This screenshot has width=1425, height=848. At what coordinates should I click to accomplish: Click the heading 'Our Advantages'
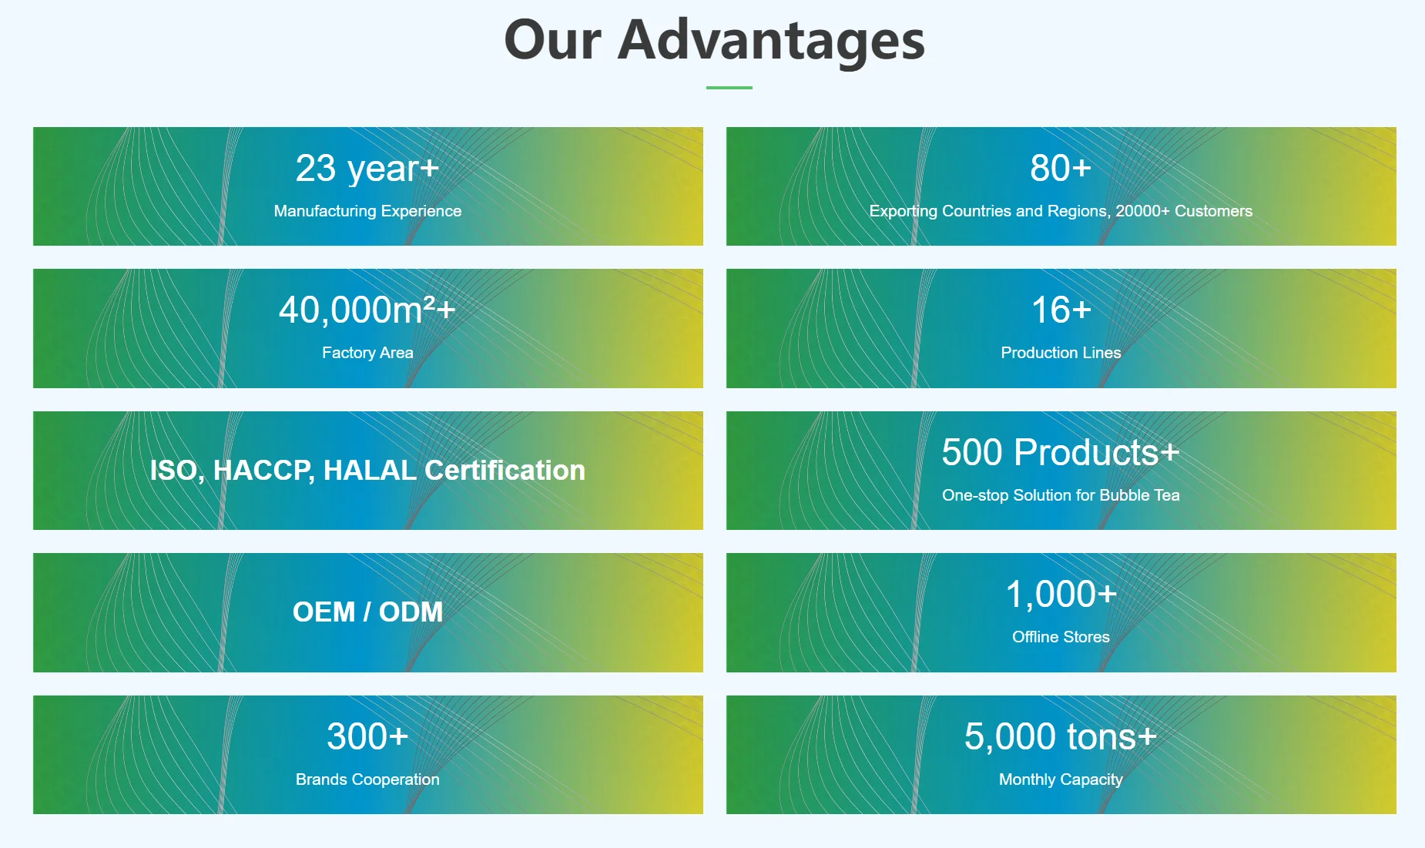tap(714, 40)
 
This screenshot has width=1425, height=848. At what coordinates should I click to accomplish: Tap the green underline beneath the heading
tap(729, 88)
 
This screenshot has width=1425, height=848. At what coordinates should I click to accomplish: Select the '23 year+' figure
tap(367, 169)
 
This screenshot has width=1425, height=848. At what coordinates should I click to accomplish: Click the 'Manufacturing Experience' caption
tap(367, 211)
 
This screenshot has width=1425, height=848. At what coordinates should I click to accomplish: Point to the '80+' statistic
tap(1061, 168)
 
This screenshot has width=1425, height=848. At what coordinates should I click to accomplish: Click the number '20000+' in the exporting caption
tap(1142, 211)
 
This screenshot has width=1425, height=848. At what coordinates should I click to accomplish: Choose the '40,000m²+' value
tap(367, 310)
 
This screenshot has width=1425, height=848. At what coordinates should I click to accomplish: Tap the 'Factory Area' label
tap(367, 353)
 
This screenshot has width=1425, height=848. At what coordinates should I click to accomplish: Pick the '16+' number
tap(1061, 310)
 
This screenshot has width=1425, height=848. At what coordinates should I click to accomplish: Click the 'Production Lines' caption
tap(1061, 353)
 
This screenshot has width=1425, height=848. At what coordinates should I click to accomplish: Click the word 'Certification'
tap(505, 470)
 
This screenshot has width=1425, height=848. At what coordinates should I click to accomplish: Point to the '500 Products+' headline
tap(1061, 452)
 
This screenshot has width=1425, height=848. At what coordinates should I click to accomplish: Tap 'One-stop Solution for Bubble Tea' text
tap(1061, 495)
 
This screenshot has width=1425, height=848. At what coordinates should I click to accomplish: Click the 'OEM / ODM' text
tap(367, 612)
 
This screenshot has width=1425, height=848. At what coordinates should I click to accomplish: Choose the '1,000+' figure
tap(1061, 595)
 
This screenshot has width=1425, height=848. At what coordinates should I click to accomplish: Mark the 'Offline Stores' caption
tap(1061, 637)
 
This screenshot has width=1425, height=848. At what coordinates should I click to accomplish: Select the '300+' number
tap(367, 736)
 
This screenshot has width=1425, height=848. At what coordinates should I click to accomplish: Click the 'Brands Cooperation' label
tap(367, 779)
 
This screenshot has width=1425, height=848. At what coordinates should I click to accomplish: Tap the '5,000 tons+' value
tap(1061, 736)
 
